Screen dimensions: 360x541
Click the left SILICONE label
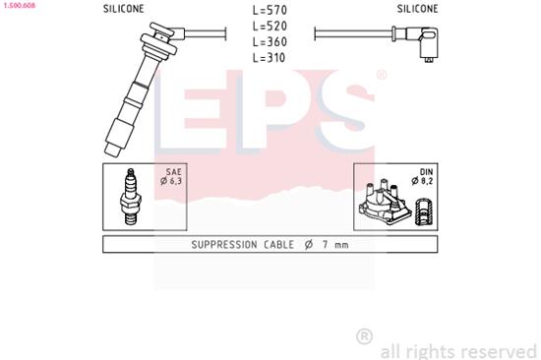(123, 9)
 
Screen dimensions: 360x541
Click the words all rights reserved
(458, 349)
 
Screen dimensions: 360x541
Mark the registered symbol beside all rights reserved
(364, 337)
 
